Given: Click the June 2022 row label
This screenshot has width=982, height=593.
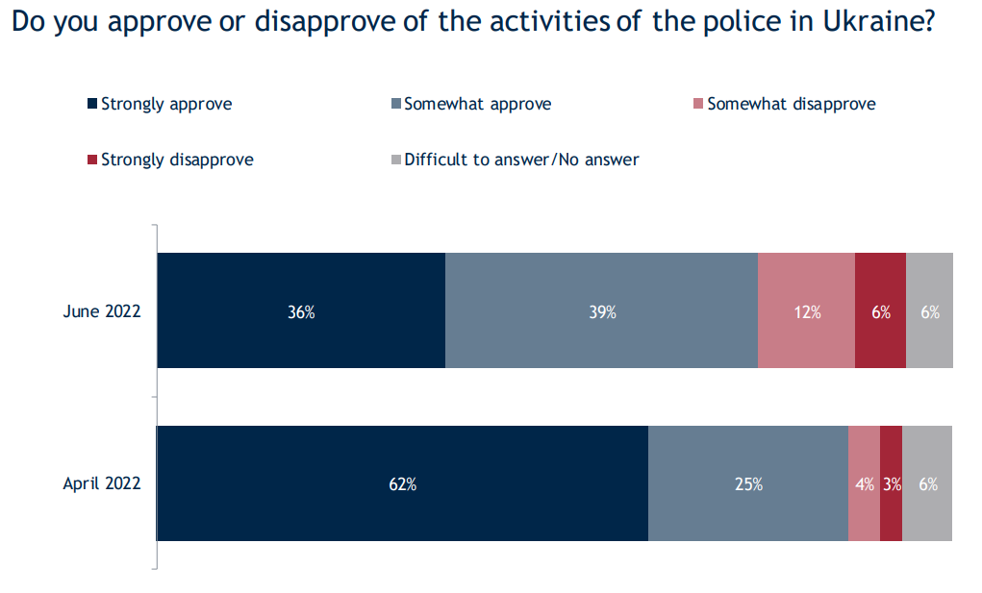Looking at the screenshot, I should [102, 311].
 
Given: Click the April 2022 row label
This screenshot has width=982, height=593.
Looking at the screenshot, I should [102, 483].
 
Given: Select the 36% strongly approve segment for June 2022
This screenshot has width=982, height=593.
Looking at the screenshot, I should [301, 310].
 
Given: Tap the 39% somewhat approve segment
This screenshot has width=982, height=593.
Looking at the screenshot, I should [601, 310].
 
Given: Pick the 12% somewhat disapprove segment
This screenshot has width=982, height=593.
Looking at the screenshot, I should [806, 310].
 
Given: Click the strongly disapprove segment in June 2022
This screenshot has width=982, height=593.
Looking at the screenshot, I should [880, 310].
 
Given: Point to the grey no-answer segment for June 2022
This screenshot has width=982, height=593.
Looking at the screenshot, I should [929, 310].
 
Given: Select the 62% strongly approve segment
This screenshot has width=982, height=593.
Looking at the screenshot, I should [402, 483].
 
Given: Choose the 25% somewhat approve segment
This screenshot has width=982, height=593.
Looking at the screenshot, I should [747, 483].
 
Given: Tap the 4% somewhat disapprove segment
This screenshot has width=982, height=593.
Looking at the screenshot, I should [864, 483].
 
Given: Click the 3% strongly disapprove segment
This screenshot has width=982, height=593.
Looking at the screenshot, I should [891, 483].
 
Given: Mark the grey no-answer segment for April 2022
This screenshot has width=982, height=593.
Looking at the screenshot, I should [927, 483].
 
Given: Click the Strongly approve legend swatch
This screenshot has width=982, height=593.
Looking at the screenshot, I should [92, 104].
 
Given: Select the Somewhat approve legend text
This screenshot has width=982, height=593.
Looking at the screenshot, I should [477, 104].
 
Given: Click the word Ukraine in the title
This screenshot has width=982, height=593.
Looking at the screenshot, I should [882, 23].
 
